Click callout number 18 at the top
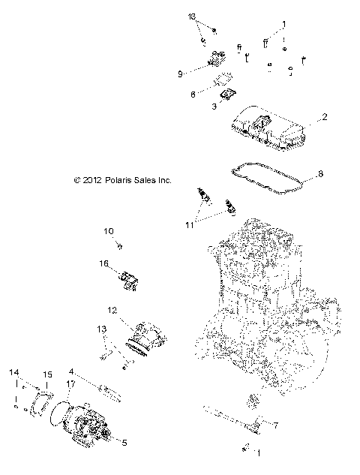tap(192, 17)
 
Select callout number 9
tap(181, 74)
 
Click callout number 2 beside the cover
tap(324, 117)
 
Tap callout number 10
tap(108, 231)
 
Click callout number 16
tap(105, 263)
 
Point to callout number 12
tap(111, 310)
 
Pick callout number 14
tap(13, 372)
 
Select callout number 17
tap(70, 385)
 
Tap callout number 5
tap(124, 442)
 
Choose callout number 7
tap(274, 425)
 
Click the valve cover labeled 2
tap(270, 128)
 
